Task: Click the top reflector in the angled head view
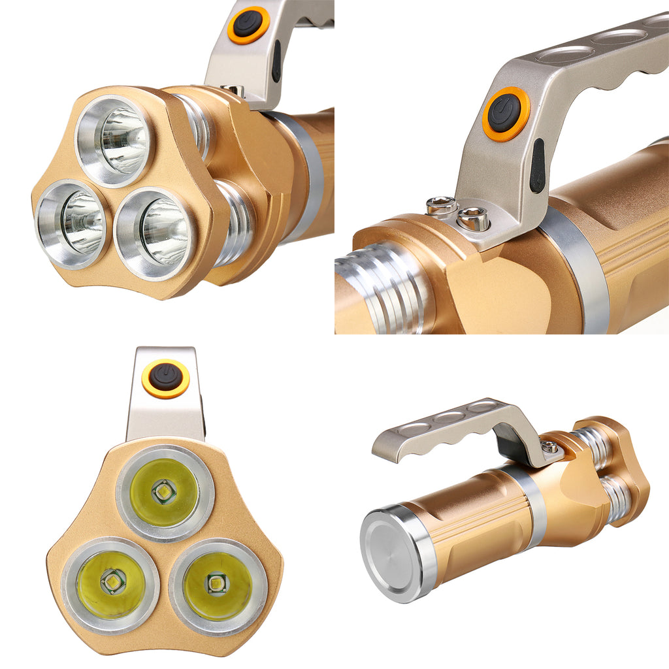[x=116, y=140]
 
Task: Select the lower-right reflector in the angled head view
[x=155, y=232]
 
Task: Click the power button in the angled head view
[x=249, y=25]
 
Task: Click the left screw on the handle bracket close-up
[x=442, y=207]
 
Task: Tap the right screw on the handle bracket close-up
[x=473, y=218]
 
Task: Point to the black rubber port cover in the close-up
[x=537, y=165]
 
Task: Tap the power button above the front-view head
[x=166, y=378]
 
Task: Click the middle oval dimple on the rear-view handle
[x=450, y=416]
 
